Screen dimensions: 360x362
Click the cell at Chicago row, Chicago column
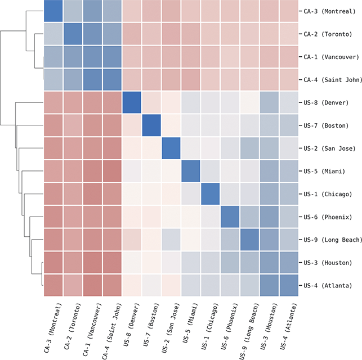211,194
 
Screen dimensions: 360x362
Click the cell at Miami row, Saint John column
113,172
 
